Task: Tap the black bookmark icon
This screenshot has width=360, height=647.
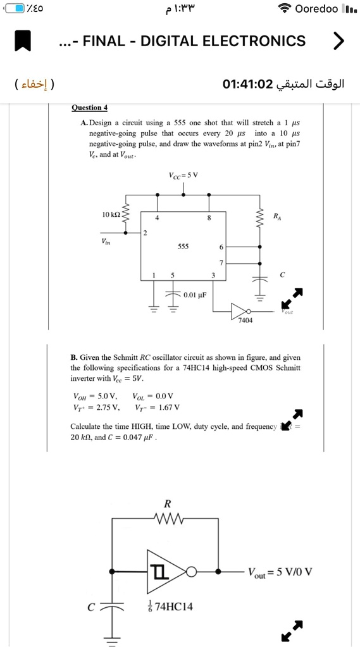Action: coord(23,41)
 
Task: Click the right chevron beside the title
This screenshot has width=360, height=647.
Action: coord(338,41)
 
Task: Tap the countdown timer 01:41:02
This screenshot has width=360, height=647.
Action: coord(248,84)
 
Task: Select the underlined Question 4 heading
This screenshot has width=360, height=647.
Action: coord(89,108)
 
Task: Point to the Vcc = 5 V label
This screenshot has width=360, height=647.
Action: coord(183,175)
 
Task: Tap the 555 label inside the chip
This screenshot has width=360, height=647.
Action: coord(183,247)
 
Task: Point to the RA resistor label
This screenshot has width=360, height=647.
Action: coord(277,216)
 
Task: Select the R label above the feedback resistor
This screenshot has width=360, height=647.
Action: coord(167,504)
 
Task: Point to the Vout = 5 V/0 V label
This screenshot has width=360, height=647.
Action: coord(280,572)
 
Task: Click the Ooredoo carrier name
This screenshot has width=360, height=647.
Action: coord(316,9)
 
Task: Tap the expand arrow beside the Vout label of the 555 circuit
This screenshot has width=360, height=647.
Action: coord(292,297)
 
